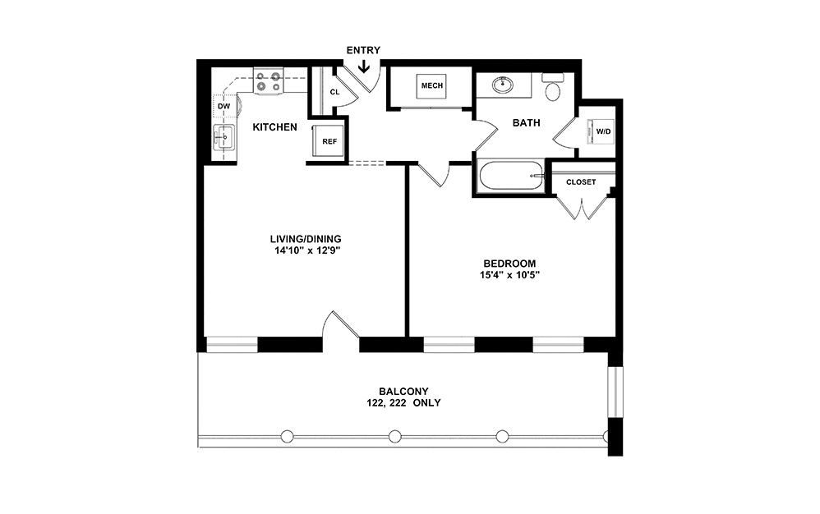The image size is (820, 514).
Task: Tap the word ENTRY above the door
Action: click(363, 50)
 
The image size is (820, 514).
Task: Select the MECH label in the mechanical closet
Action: click(432, 86)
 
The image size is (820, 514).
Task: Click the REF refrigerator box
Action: click(329, 141)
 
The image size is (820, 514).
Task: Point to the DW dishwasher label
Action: click(223, 106)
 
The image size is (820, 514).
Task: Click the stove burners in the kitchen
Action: click(268, 81)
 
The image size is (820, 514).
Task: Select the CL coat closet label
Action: click(334, 92)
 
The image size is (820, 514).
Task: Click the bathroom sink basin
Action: click(501, 84)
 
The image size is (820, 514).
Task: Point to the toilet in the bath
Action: click(553, 87)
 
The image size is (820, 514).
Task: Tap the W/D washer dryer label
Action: click(603, 131)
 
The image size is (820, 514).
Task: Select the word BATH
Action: click(526, 123)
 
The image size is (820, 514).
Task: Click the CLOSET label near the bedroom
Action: click(581, 182)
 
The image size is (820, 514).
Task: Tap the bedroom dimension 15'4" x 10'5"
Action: click(509, 275)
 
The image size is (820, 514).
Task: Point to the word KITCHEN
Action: click(274, 127)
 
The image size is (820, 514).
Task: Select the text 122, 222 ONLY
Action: click(403, 403)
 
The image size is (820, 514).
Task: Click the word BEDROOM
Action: click(509, 264)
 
